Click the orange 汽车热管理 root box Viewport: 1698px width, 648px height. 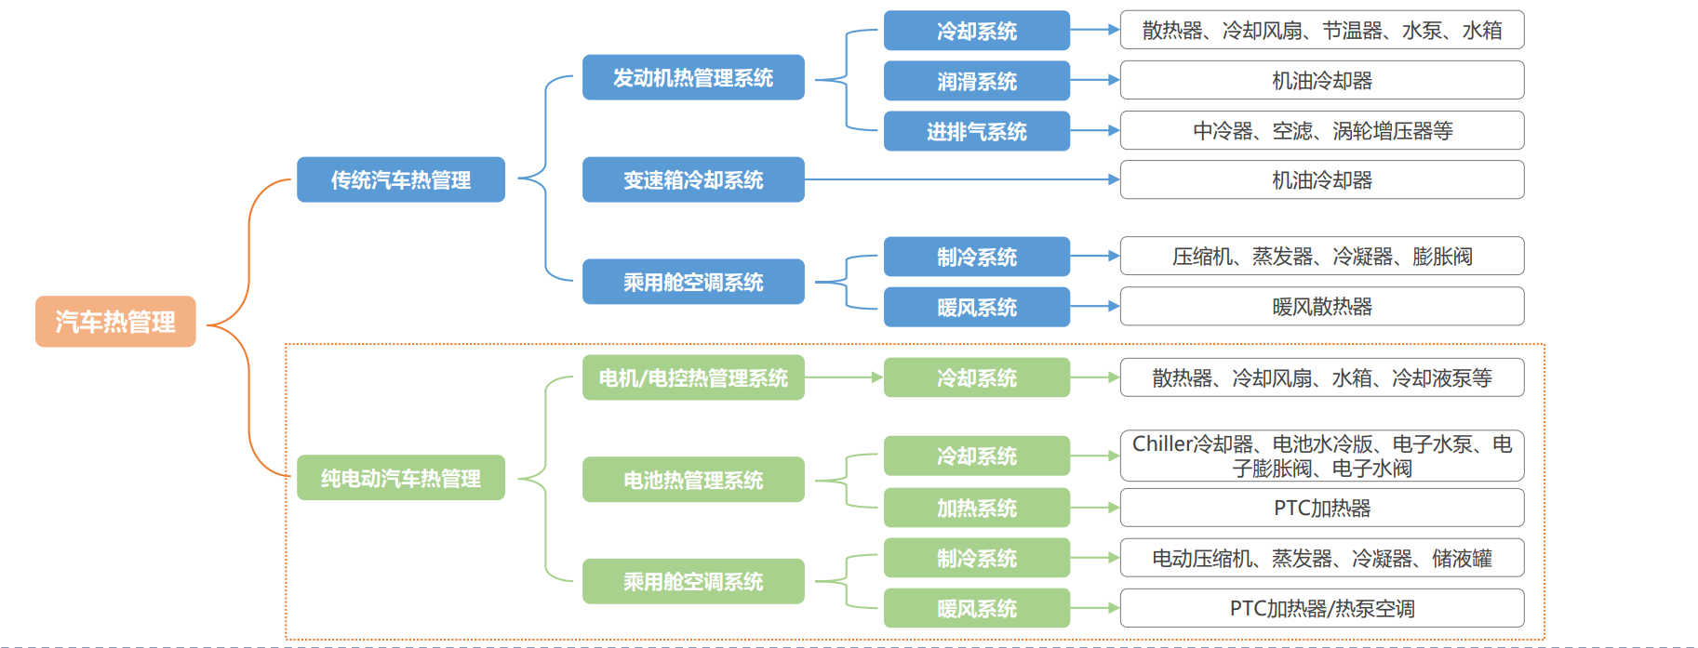coord(115,322)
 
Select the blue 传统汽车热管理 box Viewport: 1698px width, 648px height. coord(400,179)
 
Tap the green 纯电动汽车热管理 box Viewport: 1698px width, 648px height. coord(400,478)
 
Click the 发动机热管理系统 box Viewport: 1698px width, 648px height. coord(693,77)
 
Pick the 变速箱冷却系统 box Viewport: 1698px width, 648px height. coord(693,179)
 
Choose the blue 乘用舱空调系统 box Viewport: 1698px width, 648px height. coord(693,282)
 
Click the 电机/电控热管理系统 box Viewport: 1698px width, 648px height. coord(693,377)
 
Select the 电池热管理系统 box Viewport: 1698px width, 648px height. coord(693,480)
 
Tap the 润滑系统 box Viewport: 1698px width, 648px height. coord(976,81)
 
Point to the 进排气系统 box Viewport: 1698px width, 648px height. coord(976,131)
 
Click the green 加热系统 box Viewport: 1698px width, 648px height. coord(976,508)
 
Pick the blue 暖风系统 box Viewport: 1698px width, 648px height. coord(976,307)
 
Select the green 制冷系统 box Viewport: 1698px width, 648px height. coord(976,558)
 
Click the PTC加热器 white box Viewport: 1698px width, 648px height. coord(1321,508)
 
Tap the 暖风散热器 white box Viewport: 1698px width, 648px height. coord(1321,306)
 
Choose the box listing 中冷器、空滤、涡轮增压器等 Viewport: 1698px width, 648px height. coord(1321,130)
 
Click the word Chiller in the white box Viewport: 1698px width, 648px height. coord(1161,444)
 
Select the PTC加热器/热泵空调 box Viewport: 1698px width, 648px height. coord(1321,608)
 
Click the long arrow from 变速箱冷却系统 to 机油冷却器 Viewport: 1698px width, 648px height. coord(958,179)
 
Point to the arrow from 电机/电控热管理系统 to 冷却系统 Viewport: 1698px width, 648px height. coord(843,377)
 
